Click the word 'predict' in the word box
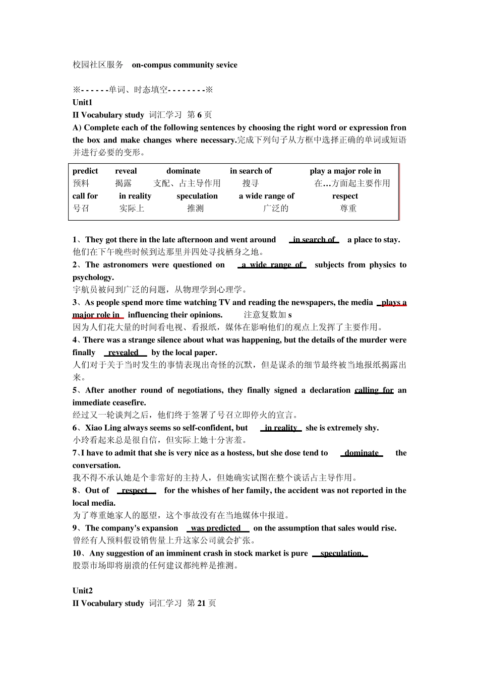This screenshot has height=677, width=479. point(85,171)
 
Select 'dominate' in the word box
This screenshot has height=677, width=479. point(183,171)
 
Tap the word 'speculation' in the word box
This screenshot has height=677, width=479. point(197,196)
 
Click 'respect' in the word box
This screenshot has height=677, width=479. point(345,196)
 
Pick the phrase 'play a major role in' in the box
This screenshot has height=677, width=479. point(345,171)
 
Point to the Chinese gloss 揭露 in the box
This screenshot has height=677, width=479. point(124,183)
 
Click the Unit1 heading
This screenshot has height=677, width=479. point(83,102)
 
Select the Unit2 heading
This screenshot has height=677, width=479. point(83,591)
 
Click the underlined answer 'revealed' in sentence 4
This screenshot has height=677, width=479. point(124,353)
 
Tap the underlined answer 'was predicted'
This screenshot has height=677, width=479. point(216,528)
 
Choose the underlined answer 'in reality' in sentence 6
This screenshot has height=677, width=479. point(281,428)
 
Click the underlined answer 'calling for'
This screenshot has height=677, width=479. point(374,390)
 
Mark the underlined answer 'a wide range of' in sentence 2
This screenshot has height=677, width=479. point(272,265)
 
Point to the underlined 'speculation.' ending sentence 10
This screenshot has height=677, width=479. point(341,554)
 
